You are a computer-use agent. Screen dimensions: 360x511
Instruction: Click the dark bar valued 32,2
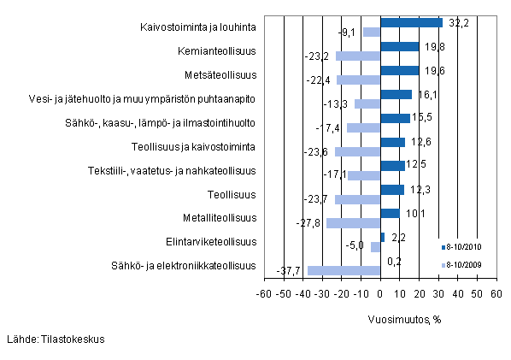[x=411, y=23]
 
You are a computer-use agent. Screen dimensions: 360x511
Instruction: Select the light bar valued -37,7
[x=344, y=271]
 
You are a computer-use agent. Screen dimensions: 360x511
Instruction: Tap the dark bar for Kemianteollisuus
[x=399, y=46]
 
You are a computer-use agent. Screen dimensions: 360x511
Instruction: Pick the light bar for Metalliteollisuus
[x=353, y=223]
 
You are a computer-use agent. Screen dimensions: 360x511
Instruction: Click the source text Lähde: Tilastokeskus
[x=55, y=339]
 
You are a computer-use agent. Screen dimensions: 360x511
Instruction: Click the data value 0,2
[x=396, y=261]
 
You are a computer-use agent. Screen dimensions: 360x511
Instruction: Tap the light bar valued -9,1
[x=371, y=32]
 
